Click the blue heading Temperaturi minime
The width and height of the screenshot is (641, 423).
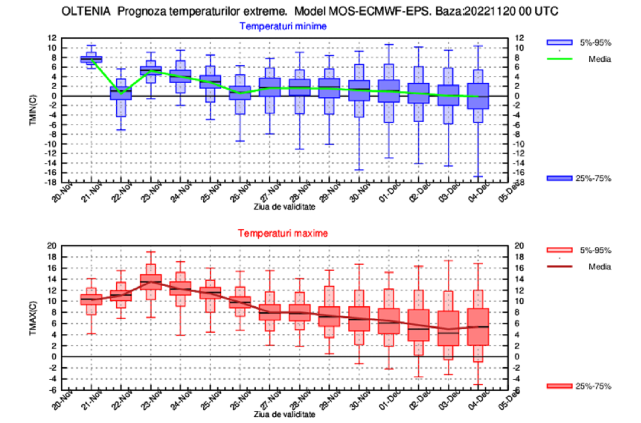(x=283, y=26)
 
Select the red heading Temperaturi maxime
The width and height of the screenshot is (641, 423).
(x=283, y=233)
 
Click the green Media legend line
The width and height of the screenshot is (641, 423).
(x=559, y=59)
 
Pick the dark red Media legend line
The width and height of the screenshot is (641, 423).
(x=559, y=267)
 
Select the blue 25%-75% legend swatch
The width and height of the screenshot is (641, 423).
(x=559, y=178)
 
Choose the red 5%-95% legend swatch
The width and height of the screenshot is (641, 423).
(x=559, y=250)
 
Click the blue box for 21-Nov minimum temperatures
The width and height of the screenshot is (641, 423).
(x=91, y=59)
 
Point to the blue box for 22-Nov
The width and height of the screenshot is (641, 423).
(x=121, y=92)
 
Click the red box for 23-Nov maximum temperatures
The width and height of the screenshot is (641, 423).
(x=151, y=282)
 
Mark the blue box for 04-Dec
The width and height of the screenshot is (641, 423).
(x=478, y=96)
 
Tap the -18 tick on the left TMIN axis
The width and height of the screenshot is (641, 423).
(x=52, y=183)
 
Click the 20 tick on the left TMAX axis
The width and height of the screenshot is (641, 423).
(x=52, y=246)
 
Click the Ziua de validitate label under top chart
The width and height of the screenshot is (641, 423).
(x=284, y=206)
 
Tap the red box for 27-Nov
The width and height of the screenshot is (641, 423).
(x=270, y=312)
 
